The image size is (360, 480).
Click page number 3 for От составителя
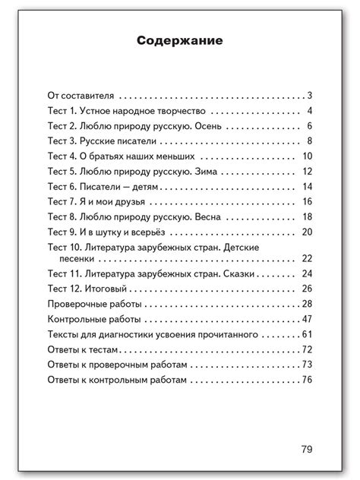pyautogui.click(x=311, y=96)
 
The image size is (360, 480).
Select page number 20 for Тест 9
pyautogui.click(x=307, y=232)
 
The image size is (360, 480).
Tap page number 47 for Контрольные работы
pyautogui.click(x=307, y=319)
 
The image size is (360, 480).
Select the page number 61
pyautogui.click(x=307, y=334)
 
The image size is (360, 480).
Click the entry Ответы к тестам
pyautogui.click(x=84, y=349)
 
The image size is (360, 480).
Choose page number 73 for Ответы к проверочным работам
pyautogui.click(x=307, y=365)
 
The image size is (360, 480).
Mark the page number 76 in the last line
pyautogui.click(x=307, y=379)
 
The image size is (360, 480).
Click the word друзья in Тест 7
pyautogui.click(x=128, y=201)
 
